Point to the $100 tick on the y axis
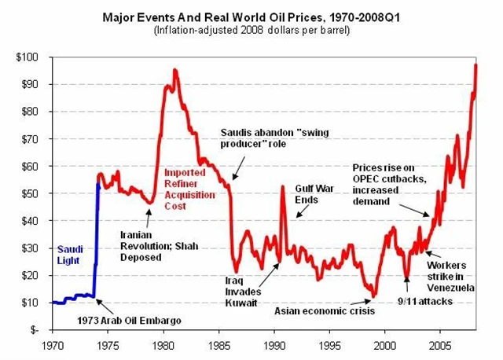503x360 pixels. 30,57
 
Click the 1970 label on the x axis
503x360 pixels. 53,344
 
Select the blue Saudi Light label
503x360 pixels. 70,254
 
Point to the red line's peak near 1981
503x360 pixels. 174,70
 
